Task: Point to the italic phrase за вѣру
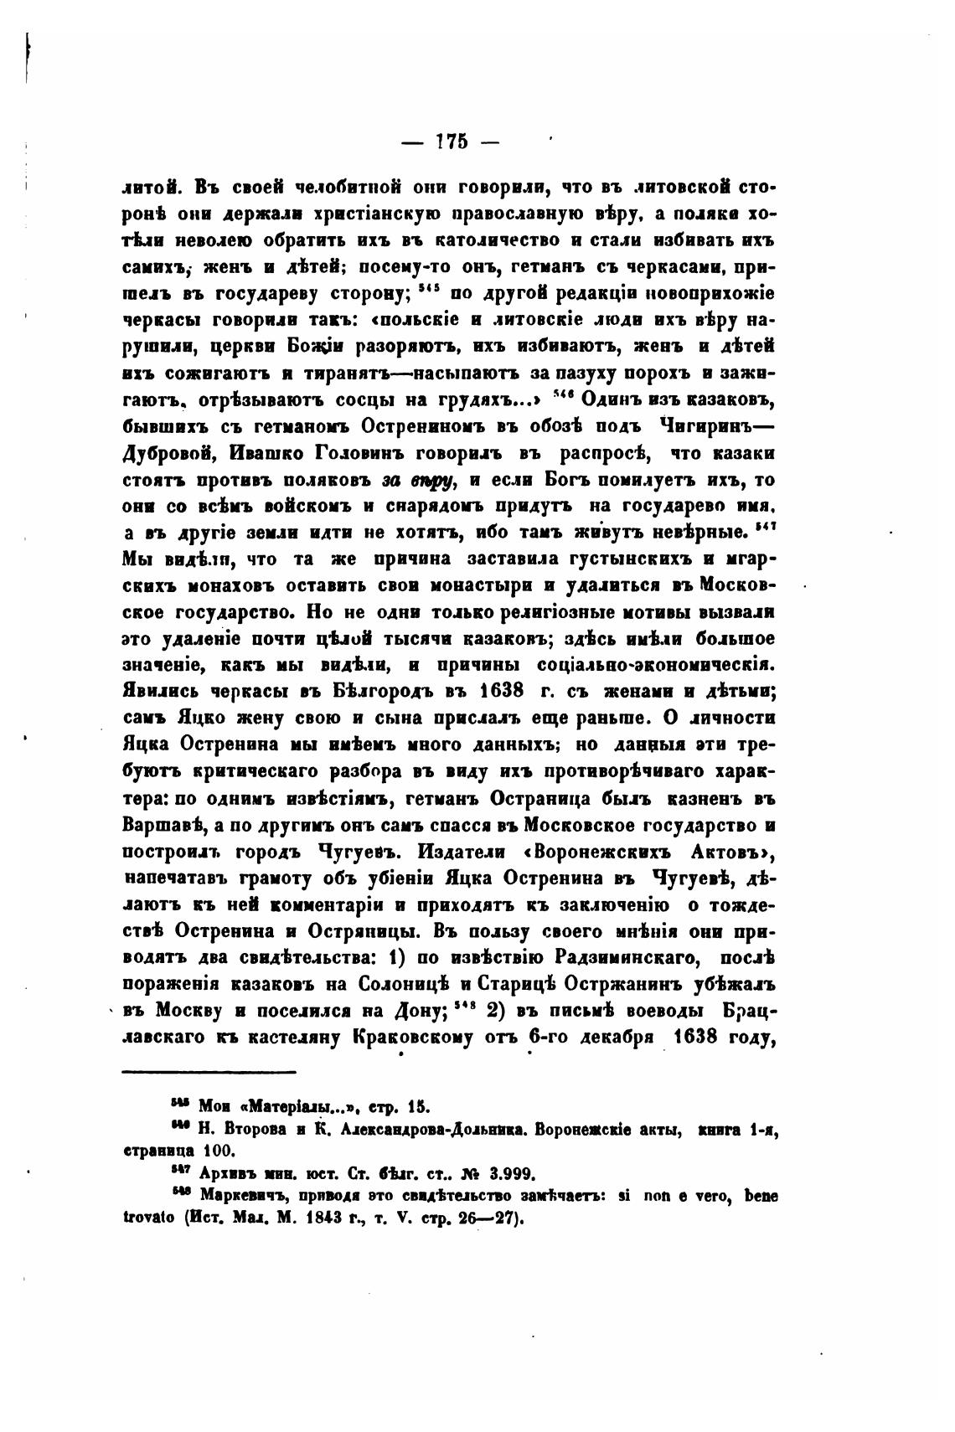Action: (x=418, y=482)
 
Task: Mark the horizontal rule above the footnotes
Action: (x=209, y=1072)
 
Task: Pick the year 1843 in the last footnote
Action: (x=311, y=1219)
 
